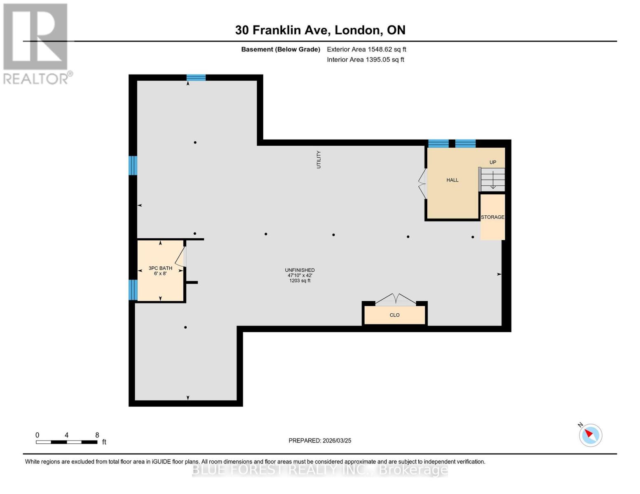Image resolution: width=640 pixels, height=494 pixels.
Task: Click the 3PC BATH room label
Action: [x=160, y=268]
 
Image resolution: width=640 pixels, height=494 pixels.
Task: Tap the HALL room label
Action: [x=452, y=180]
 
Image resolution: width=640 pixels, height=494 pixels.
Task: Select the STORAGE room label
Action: [x=492, y=217]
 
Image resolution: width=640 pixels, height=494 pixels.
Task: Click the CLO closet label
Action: [x=394, y=315]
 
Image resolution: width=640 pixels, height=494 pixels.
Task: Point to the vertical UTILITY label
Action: [x=318, y=160]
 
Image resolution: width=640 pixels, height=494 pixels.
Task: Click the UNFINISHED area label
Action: [x=300, y=270]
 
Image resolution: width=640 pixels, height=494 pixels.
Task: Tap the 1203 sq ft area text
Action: [x=300, y=281]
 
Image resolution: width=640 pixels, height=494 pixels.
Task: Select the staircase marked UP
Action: [x=492, y=179]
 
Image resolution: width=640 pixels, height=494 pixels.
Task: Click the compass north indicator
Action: [x=590, y=435]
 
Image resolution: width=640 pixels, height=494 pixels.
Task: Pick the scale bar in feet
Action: [x=66, y=442]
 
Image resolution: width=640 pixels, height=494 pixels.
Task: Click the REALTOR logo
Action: [x=36, y=43]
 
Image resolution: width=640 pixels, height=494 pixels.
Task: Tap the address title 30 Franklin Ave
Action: [x=320, y=30]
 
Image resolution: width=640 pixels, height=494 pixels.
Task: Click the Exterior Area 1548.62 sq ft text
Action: [x=366, y=49]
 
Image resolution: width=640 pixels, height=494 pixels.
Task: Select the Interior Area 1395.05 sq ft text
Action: [x=365, y=60]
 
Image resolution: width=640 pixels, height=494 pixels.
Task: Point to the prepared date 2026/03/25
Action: [x=320, y=440]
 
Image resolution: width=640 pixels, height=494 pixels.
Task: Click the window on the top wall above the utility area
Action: [x=196, y=77]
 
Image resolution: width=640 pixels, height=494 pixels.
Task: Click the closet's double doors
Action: [x=395, y=299]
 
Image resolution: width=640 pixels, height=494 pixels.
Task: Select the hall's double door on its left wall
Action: [x=422, y=184]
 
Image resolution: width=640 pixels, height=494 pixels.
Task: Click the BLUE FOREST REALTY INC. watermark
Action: [x=320, y=470]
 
